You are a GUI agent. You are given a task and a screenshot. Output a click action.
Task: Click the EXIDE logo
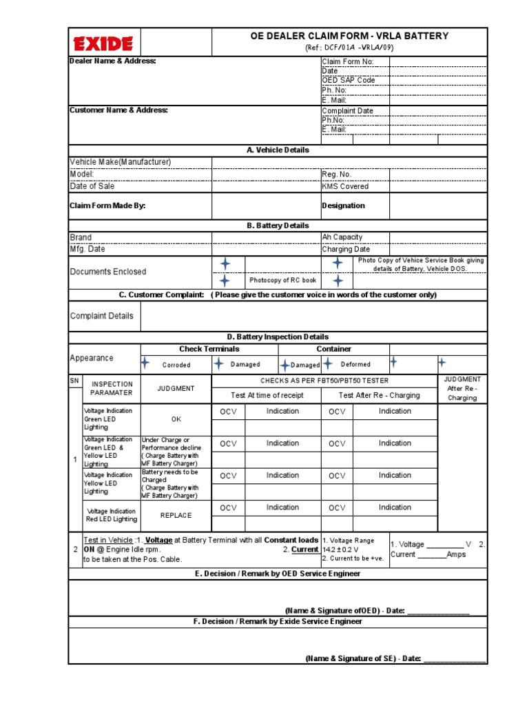(103, 44)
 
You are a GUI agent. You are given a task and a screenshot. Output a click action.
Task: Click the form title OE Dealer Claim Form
(349, 36)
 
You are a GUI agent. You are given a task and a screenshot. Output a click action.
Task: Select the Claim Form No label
(348, 61)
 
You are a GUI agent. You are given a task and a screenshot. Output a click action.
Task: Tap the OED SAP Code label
(349, 80)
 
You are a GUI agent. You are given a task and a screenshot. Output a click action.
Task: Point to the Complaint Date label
(348, 110)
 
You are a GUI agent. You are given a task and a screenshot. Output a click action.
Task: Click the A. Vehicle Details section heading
(278, 150)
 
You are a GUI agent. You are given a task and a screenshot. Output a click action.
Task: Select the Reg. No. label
(337, 174)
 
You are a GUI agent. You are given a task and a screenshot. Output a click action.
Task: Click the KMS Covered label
(345, 186)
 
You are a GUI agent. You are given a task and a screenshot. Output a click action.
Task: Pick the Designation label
(344, 205)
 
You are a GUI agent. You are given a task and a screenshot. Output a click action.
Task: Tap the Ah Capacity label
(342, 237)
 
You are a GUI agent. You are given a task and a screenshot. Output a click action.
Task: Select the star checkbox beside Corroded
(145, 363)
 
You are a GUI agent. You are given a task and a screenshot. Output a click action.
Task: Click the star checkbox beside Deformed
(329, 363)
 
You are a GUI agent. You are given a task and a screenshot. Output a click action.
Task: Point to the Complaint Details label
(102, 316)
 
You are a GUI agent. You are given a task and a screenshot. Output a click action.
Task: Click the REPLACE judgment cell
(176, 515)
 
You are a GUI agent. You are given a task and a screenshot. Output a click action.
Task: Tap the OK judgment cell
(176, 418)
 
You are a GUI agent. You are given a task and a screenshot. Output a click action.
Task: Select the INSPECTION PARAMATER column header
(112, 388)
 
